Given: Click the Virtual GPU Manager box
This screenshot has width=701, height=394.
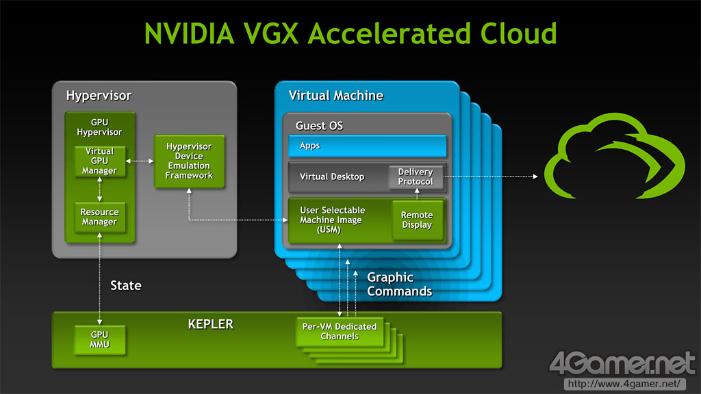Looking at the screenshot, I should [x=100, y=161].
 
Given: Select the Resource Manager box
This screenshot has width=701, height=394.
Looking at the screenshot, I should [x=99, y=217].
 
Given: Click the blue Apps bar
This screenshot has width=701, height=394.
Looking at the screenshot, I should [x=367, y=146].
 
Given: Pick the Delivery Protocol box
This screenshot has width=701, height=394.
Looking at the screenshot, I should [x=416, y=176].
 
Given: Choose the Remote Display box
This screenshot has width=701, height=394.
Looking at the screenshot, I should [x=417, y=220].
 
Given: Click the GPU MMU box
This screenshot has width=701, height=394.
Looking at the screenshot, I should [x=100, y=340].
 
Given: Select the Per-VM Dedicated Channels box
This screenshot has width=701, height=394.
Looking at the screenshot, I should [x=340, y=332].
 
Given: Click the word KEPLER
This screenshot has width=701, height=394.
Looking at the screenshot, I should [x=210, y=324].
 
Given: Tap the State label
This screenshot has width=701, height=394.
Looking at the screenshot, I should [x=126, y=285].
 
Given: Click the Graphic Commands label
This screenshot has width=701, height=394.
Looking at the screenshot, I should [x=399, y=284].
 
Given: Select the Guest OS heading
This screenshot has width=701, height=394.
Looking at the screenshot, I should [x=319, y=126].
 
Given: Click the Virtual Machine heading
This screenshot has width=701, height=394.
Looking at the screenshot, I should [x=336, y=95].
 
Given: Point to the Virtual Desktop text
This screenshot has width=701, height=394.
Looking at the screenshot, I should [x=332, y=176].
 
